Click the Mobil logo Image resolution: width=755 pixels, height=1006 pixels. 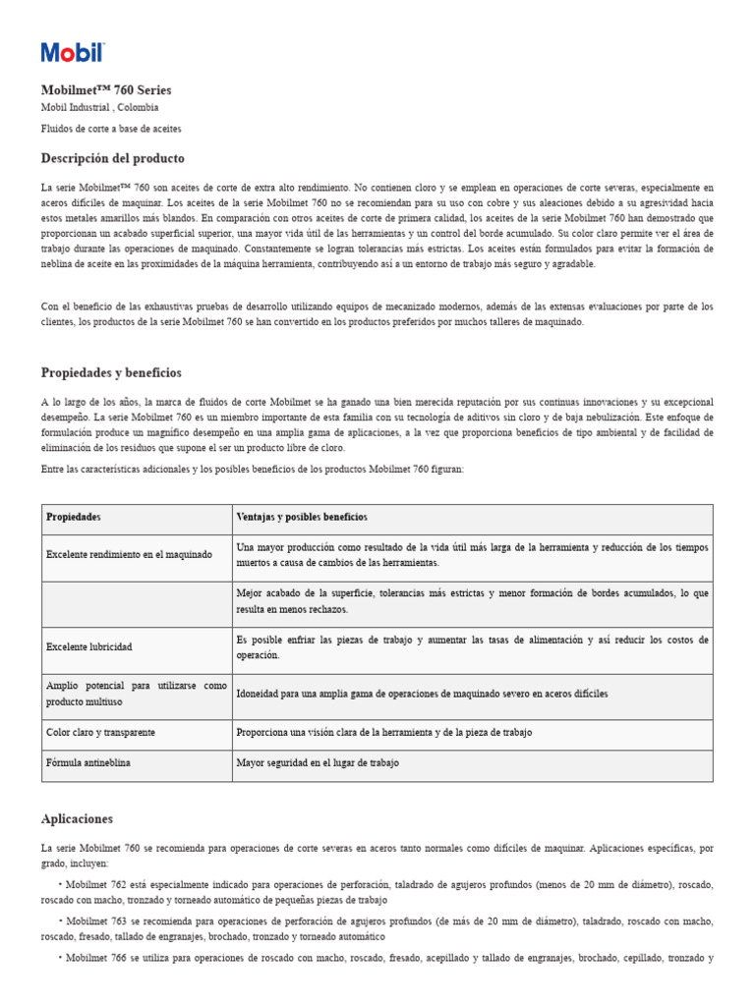tap(72, 53)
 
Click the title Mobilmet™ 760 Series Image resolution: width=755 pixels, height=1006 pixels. tap(106, 90)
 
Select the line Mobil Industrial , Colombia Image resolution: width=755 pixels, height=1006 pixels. tap(99, 107)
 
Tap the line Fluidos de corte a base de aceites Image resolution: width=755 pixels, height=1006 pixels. tap(111, 129)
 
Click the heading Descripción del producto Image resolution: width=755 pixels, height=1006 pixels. tap(112, 158)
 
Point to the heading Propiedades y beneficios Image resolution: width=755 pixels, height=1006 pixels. tap(111, 372)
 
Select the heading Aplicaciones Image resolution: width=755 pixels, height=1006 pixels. tap(77, 818)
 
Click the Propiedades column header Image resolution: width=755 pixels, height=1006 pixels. tap(74, 518)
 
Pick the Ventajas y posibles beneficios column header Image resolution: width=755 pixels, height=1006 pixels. tap(302, 518)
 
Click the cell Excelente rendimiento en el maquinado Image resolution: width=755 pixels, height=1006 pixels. tap(129, 555)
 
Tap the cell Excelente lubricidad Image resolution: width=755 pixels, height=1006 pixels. tap(88, 647)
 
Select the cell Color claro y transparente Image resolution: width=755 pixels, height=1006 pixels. tap(101, 733)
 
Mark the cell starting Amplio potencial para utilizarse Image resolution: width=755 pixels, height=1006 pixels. tap(136, 694)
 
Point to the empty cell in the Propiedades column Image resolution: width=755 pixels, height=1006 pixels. tap(137, 601)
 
